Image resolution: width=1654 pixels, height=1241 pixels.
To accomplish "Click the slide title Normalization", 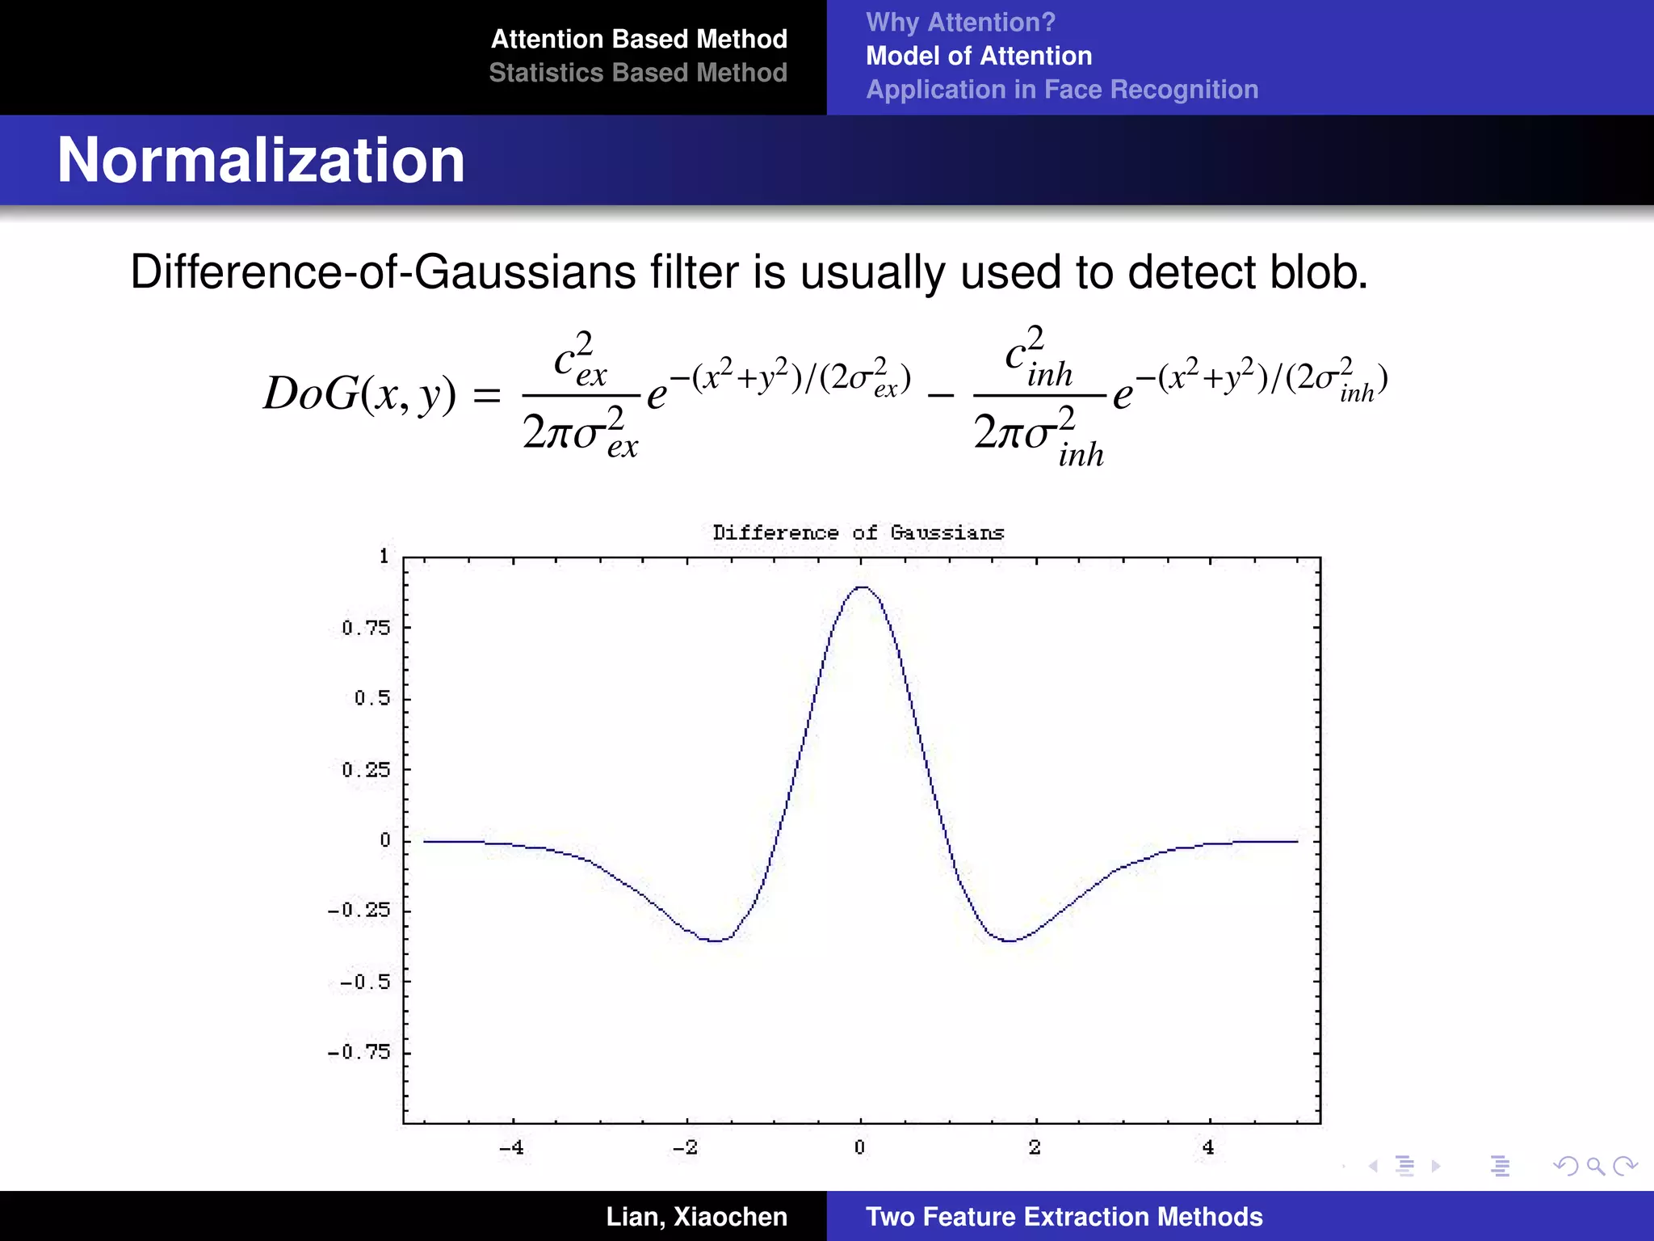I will click(261, 160).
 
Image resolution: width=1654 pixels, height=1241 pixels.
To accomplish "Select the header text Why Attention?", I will click(960, 22).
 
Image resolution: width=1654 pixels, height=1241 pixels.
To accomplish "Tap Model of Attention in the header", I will click(979, 56).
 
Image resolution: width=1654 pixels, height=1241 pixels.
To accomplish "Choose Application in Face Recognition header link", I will click(1062, 89).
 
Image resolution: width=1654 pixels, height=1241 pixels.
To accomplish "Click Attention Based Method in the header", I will click(639, 39).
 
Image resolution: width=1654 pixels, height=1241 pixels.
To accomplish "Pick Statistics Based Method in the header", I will click(638, 73).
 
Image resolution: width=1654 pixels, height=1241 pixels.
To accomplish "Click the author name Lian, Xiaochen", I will click(696, 1216).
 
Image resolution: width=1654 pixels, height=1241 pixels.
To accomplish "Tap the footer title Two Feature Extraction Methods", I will click(1064, 1216).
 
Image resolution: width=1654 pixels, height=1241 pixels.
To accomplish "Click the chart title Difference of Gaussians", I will click(858, 532).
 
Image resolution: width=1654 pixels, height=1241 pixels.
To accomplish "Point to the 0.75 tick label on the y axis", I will click(366, 628).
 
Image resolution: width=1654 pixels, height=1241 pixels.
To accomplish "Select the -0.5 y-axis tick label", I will click(364, 982).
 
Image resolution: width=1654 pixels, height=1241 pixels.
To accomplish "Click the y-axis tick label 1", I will click(384, 556).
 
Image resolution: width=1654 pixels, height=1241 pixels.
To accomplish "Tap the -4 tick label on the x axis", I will click(511, 1147).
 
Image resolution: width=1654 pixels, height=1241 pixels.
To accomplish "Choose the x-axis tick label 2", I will click(1035, 1147).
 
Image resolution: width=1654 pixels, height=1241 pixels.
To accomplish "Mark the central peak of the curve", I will click(862, 587).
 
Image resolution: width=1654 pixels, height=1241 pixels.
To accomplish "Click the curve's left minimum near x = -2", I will click(715, 940).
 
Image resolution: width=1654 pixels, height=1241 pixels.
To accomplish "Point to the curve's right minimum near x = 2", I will click(1010, 940).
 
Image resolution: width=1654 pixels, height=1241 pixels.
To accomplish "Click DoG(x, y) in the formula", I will click(359, 394).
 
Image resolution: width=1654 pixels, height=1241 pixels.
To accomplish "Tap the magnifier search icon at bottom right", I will click(1595, 1166).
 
